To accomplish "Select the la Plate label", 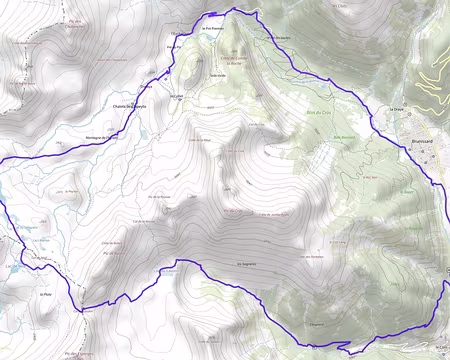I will [43, 295].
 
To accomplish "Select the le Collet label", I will [177, 97].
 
